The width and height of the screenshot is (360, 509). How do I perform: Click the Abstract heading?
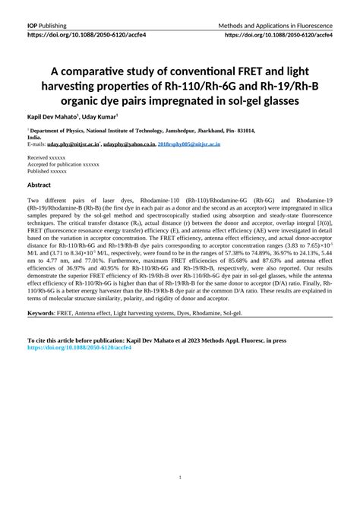(39, 185)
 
